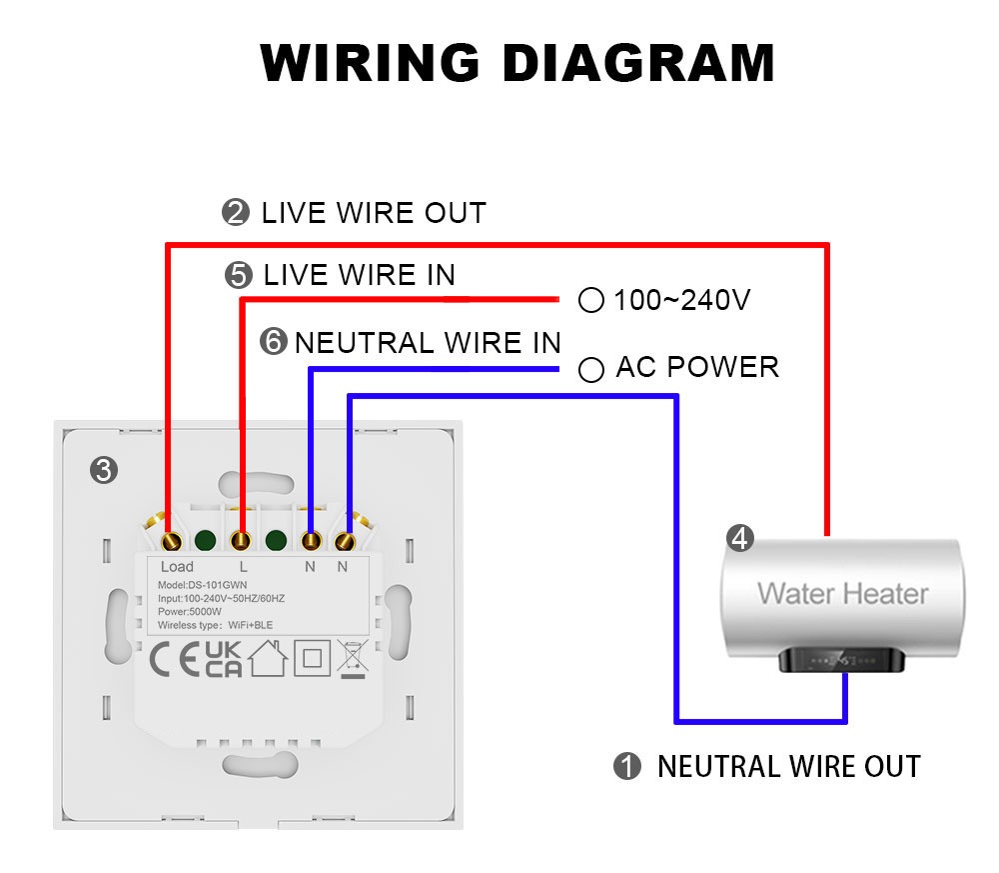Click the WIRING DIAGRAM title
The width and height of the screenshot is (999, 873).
[x=516, y=63]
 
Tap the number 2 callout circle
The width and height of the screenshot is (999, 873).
[x=235, y=212]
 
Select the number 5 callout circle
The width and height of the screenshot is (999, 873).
[x=239, y=275]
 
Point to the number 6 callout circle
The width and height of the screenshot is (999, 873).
[x=273, y=343]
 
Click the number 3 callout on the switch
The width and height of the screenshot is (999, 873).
[x=103, y=469]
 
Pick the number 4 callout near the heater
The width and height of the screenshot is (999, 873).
[x=740, y=538]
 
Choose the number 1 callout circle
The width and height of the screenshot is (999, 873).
[x=626, y=767]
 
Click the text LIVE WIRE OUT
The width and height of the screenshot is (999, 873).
[x=374, y=213]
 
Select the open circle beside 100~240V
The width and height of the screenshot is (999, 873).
[x=591, y=300]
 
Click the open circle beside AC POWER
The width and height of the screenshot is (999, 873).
[x=591, y=370]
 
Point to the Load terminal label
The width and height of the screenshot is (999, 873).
[x=177, y=567]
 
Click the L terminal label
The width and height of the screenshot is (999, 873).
[x=243, y=567]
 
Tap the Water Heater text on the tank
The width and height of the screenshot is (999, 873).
[x=842, y=593]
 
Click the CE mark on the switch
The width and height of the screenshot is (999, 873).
[x=174, y=660]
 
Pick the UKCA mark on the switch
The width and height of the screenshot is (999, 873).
[x=223, y=660]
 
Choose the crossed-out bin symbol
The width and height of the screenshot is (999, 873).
[x=353, y=659]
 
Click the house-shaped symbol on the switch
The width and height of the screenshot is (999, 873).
[x=269, y=659]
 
